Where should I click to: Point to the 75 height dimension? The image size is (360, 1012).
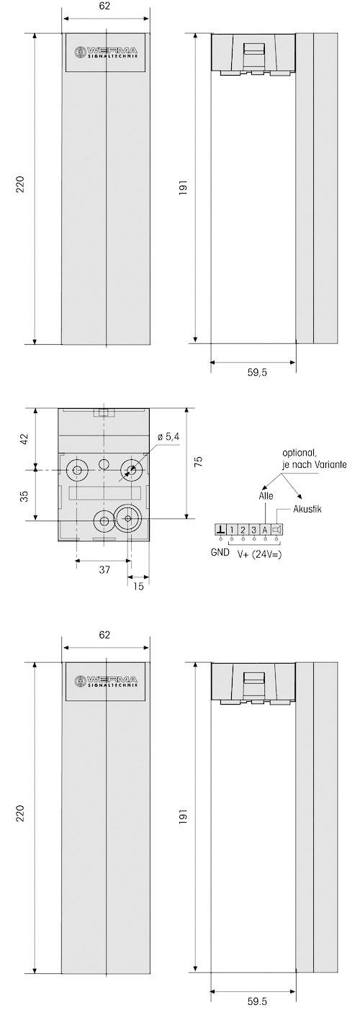[199, 461]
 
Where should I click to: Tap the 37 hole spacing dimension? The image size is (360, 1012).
[104, 571]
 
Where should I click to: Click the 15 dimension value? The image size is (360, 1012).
[139, 586]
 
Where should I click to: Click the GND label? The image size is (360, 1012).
[220, 554]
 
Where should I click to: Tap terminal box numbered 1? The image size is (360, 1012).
[232, 530]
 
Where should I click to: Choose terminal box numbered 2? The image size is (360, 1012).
[243, 530]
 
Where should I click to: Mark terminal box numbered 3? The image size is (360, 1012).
[254, 530]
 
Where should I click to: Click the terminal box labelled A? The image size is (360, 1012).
[265, 530]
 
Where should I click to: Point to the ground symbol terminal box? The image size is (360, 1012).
[220, 530]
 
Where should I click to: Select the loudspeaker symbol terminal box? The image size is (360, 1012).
[277, 530]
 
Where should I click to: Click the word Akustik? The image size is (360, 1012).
[307, 509]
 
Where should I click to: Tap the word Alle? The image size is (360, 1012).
[265, 496]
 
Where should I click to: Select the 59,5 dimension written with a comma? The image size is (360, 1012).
[253, 374]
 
